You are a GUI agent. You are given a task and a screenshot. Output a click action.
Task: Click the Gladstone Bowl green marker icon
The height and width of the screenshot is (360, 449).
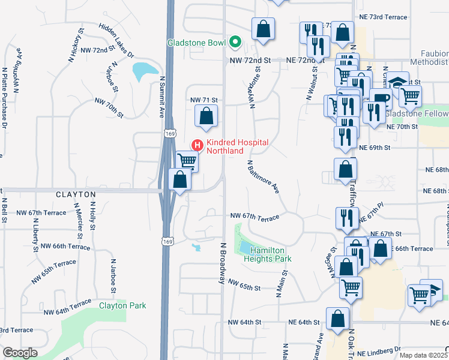(x=235, y=43)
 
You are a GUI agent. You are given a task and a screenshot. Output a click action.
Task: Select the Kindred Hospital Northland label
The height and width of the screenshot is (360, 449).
(x=237, y=146)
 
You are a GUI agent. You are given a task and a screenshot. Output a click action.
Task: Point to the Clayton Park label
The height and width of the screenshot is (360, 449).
(x=122, y=305)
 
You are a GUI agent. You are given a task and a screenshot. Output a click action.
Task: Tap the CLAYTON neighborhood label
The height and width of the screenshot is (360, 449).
(x=76, y=195)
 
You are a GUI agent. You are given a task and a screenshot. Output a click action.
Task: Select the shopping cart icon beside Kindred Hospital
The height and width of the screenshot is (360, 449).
(x=187, y=160)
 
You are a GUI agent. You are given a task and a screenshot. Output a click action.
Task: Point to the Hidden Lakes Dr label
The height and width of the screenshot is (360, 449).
(x=116, y=41)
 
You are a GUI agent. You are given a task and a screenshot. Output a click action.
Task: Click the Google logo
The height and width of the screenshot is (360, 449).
(x=20, y=353)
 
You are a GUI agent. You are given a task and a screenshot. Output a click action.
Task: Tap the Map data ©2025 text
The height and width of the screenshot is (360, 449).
(x=423, y=355)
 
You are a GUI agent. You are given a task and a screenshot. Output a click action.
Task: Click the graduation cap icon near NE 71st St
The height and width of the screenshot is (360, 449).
(x=397, y=82)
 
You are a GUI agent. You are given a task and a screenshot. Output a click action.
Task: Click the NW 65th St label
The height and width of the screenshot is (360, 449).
(x=244, y=287)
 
